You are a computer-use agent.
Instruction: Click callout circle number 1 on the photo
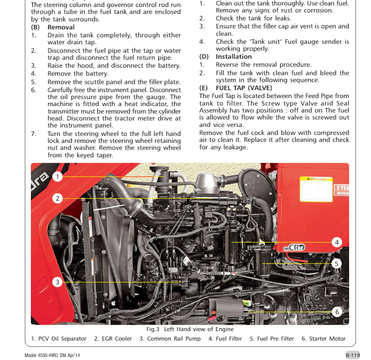(x=58, y=176)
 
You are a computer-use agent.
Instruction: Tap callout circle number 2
(x=58, y=198)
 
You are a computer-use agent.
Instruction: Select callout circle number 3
(x=58, y=282)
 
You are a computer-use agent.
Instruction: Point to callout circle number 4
(x=337, y=242)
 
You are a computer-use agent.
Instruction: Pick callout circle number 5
(x=337, y=263)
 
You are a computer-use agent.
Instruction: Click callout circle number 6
(x=337, y=312)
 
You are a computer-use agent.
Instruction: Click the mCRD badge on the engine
(x=294, y=247)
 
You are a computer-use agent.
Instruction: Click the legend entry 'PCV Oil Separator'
(x=58, y=339)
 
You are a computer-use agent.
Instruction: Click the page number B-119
(x=353, y=355)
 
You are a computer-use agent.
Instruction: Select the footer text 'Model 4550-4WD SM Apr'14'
(x=55, y=356)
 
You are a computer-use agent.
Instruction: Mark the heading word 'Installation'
(x=234, y=57)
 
